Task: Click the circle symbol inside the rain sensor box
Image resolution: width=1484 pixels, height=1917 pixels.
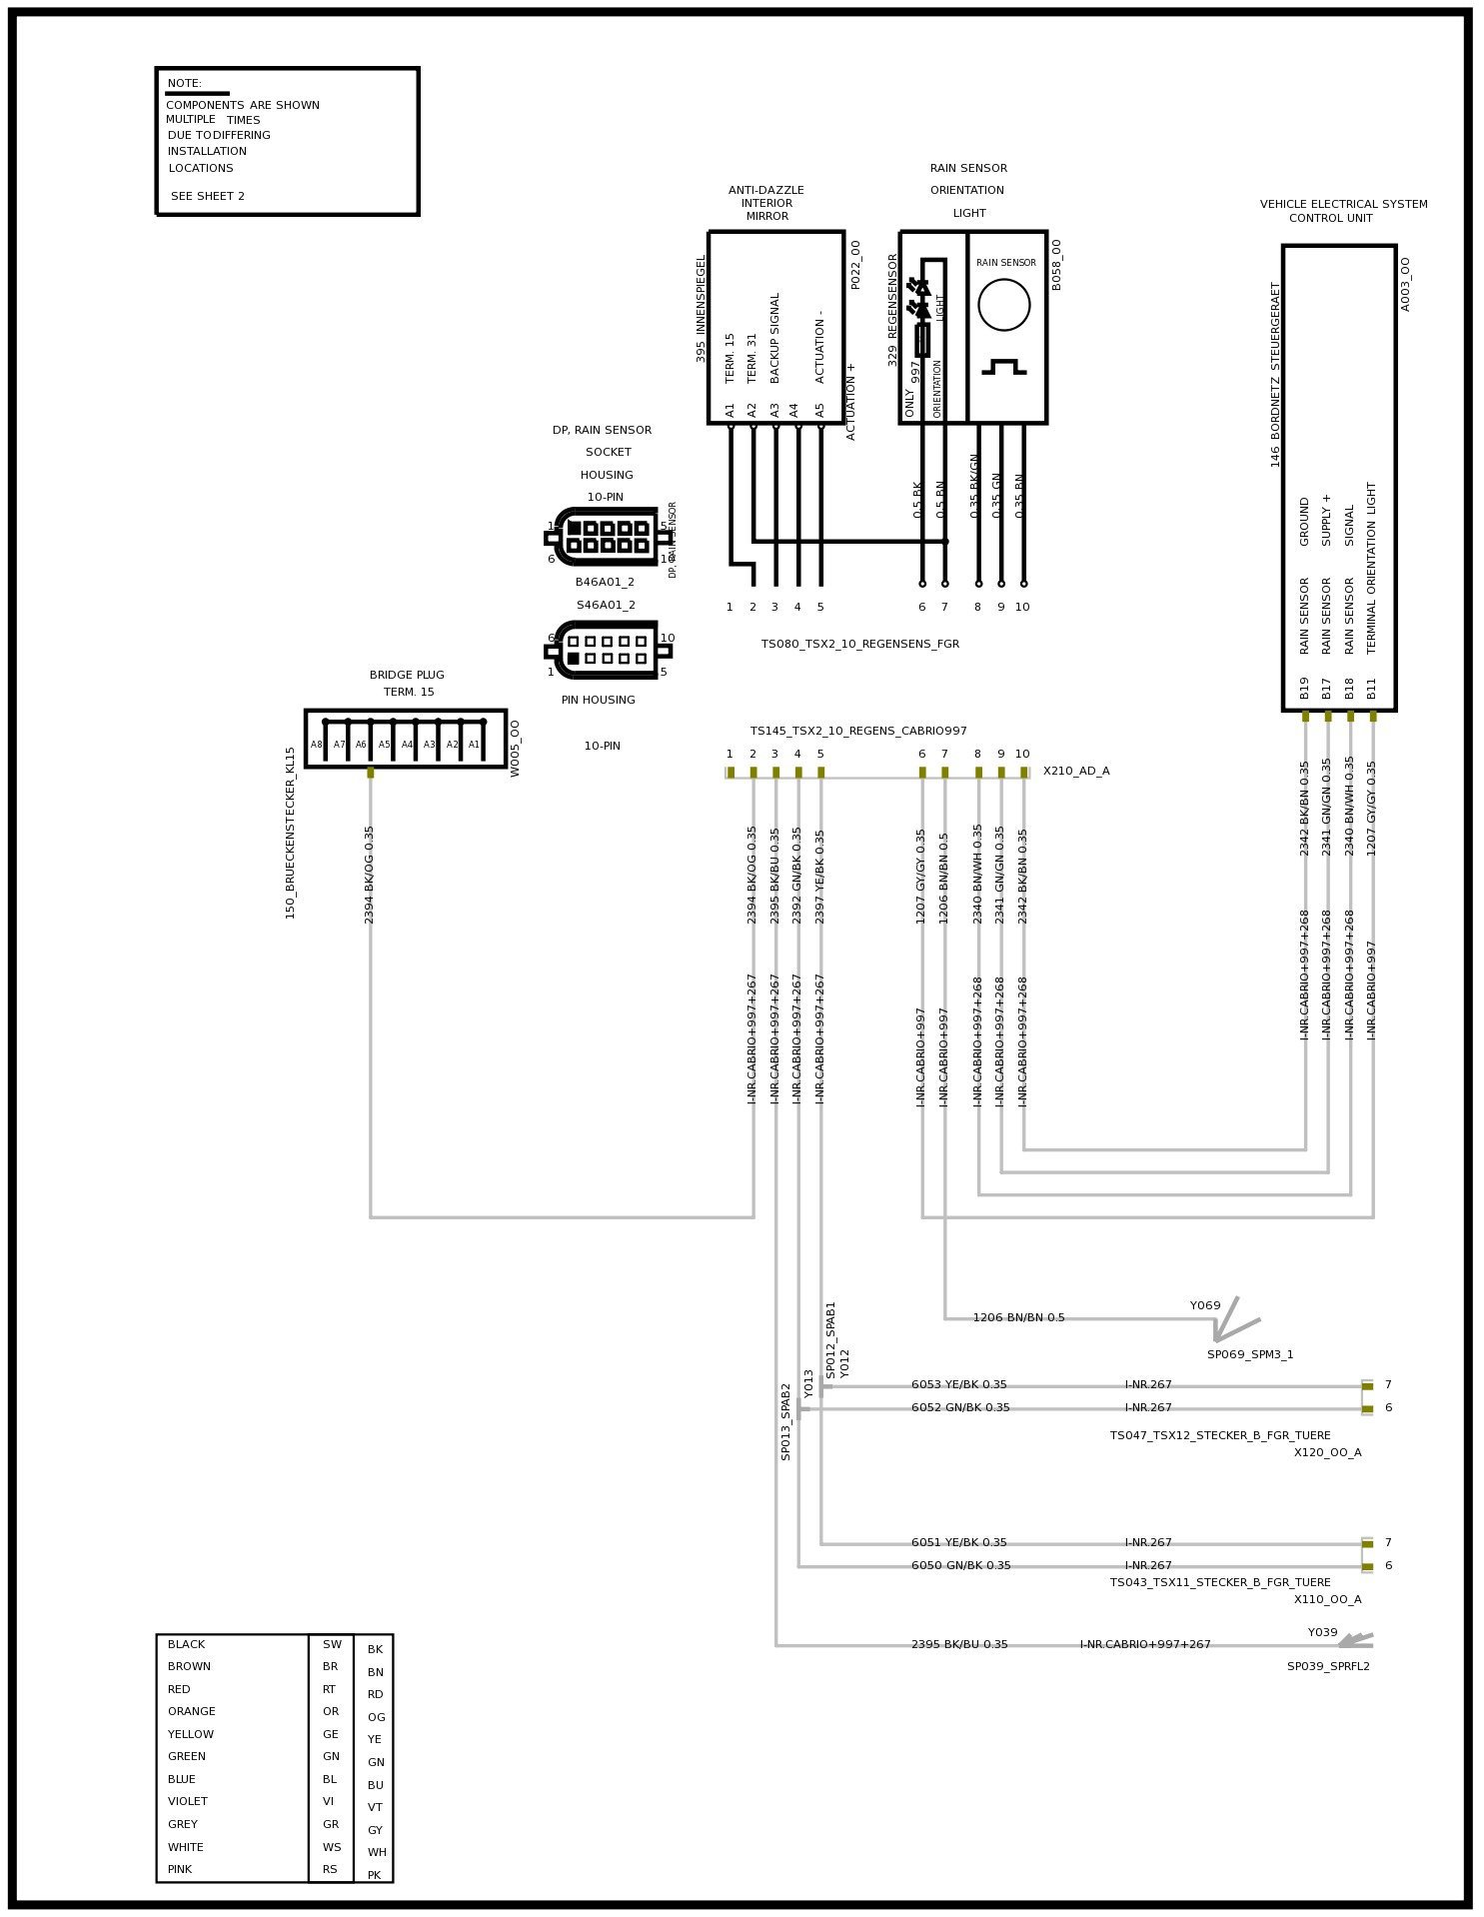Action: pyautogui.click(x=1003, y=305)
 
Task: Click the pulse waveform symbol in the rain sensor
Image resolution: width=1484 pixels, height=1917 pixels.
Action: pyautogui.click(x=1003, y=367)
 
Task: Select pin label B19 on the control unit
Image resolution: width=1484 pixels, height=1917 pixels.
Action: pyautogui.click(x=1304, y=688)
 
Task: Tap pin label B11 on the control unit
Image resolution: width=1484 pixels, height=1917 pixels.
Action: pyautogui.click(x=1372, y=688)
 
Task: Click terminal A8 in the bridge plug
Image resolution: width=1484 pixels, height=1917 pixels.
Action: pyautogui.click(x=316, y=745)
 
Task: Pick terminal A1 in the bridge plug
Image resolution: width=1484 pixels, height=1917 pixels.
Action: pyautogui.click(x=474, y=745)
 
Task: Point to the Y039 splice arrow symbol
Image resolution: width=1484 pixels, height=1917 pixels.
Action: pyautogui.click(x=1355, y=1641)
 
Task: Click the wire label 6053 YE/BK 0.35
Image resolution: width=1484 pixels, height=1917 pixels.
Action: pyautogui.click(x=958, y=1385)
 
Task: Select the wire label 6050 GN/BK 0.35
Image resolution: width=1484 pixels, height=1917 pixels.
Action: pyautogui.click(x=960, y=1566)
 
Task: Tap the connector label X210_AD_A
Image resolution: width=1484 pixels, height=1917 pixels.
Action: pyautogui.click(x=1075, y=772)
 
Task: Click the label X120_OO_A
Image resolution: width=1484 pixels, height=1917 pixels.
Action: pyautogui.click(x=1327, y=1453)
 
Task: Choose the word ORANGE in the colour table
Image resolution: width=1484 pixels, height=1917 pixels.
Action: pyautogui.click(x=191, y=1711)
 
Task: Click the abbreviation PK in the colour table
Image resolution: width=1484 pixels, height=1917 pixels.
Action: pyautogui.click(x=374, y=1875)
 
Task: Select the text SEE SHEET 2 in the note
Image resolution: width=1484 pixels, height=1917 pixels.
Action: pyautogui.click(x=207, y=197)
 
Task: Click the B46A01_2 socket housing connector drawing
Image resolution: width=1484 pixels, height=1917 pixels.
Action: pyautogui.click(x=607, y=537)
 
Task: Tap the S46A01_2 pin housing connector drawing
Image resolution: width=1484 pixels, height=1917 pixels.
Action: pyautogui.click(x=607, y=650)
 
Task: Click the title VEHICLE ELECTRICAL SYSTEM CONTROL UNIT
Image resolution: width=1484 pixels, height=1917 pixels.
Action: pyautogui.click(x=1342, y=211)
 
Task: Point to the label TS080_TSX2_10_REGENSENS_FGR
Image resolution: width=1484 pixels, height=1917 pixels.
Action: pyautogui.click(x=859, y=645)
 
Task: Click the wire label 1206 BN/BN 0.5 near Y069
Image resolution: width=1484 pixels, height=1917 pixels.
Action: pyautogui.click(x=1018, y=1317)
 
